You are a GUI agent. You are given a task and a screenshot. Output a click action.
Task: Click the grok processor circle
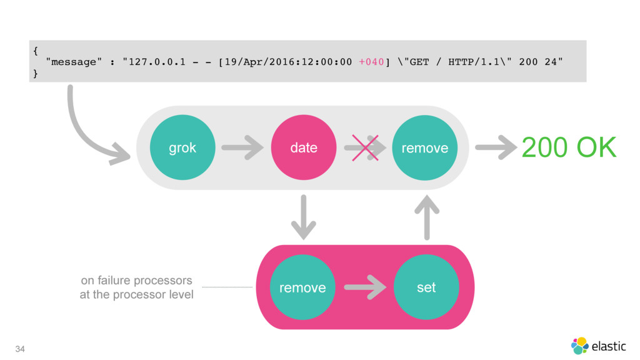(182, 147)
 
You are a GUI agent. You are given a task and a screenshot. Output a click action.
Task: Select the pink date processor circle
(304, 147)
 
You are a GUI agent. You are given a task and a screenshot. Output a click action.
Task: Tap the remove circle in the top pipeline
(425, 147)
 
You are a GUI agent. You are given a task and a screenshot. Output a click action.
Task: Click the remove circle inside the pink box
(302, 287)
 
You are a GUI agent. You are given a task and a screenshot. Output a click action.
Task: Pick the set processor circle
(426, 287)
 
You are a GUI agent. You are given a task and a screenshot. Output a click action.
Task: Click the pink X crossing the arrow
(365, 147)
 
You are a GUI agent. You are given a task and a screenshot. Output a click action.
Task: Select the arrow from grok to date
(242, 147)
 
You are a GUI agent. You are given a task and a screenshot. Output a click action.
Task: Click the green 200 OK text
(569, 147)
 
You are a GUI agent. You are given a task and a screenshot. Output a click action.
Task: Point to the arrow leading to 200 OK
(496, 147)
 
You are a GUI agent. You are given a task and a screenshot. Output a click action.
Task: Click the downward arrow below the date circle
(304, 217)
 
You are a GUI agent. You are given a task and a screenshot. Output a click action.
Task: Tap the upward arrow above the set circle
(427, 217)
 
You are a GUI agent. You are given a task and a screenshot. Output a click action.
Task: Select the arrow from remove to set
(365, 287)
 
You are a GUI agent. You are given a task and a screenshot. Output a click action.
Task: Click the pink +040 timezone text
(371, 62)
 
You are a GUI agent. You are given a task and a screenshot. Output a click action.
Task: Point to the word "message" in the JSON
(74, 62)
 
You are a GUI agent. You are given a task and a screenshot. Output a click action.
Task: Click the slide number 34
(20, 349)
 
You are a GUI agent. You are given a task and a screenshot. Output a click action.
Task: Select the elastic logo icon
(579, 346)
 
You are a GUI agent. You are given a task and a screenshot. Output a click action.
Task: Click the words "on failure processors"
(136, 281)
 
